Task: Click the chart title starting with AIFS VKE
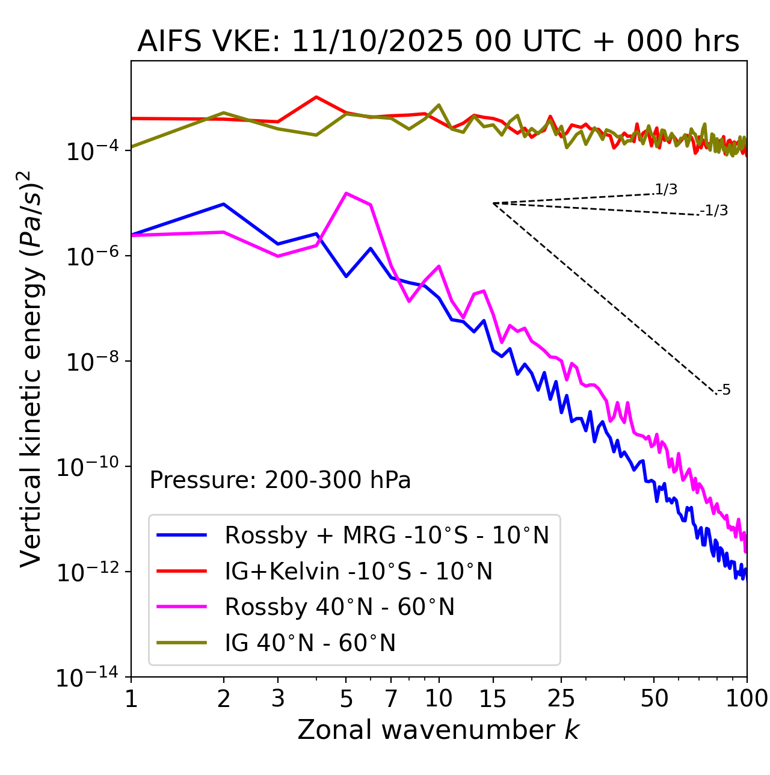click(438, 42)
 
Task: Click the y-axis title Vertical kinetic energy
click(32, 369)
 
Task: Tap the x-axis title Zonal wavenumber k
click(438, 729)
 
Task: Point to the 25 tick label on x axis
click(561, 699)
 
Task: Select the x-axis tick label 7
click(391, 699)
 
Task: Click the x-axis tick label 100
click(747, 699)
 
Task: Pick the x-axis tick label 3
click(278, 699)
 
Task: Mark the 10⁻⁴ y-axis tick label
click(91, 152)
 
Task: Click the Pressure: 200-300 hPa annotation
click(280, 480)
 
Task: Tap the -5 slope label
click(724, 391)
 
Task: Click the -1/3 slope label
click(715, 211)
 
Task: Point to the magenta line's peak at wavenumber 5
click(346, 193)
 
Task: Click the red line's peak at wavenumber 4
click(316, 97)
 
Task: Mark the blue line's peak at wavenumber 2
click(224, 204)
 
